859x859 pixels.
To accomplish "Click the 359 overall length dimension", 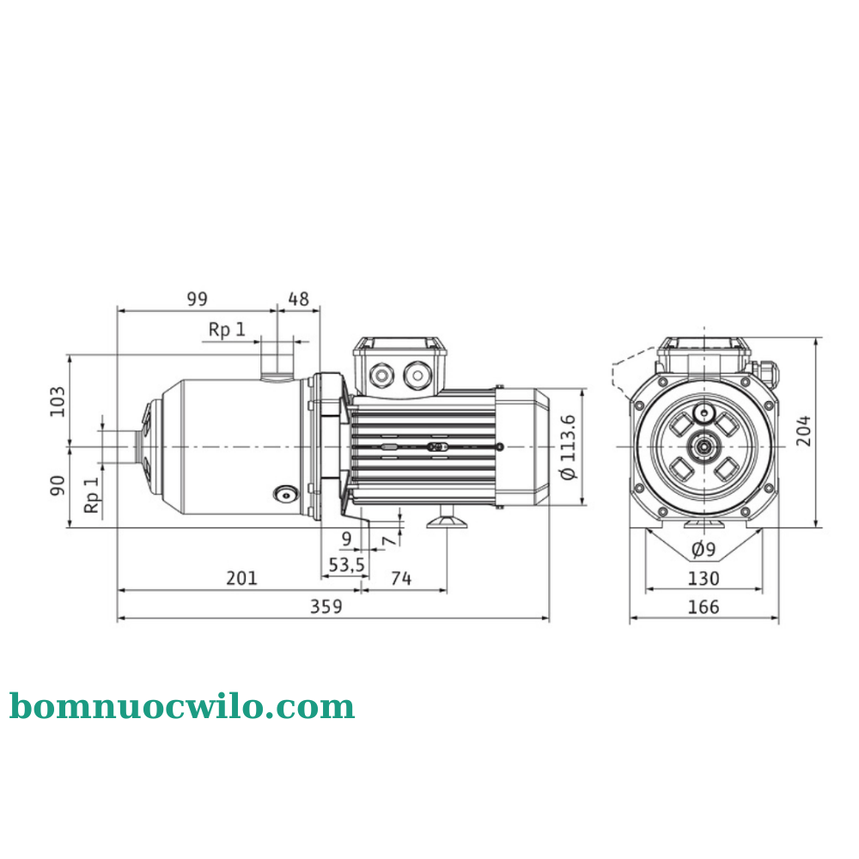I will coord(326,606).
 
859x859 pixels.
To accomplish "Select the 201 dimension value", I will coord(241,578).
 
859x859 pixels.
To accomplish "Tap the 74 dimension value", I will coord(400,578).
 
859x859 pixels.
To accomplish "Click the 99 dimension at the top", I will coord(197,298).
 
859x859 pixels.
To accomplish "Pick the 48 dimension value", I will coord(298,298).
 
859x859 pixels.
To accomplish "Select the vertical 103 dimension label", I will coord(58,401).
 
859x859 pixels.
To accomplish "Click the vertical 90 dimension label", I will coord(58,485).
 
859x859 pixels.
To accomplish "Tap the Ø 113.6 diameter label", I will coord(568,446).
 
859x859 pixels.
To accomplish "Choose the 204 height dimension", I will coord(803,430).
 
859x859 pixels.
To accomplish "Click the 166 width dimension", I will coord(704,607).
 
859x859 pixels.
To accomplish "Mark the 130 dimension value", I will coord(704,578).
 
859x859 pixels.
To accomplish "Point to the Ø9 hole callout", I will coord(703,549).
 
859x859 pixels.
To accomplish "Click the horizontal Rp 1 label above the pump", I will coord(227,329).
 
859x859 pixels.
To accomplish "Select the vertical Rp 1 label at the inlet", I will coord(92,496).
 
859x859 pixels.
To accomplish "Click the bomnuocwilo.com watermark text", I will coord(182,707).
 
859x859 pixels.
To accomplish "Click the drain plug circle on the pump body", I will coord(283,494).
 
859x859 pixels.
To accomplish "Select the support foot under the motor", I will coord(447,519).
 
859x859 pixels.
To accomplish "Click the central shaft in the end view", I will coord(704,446).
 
